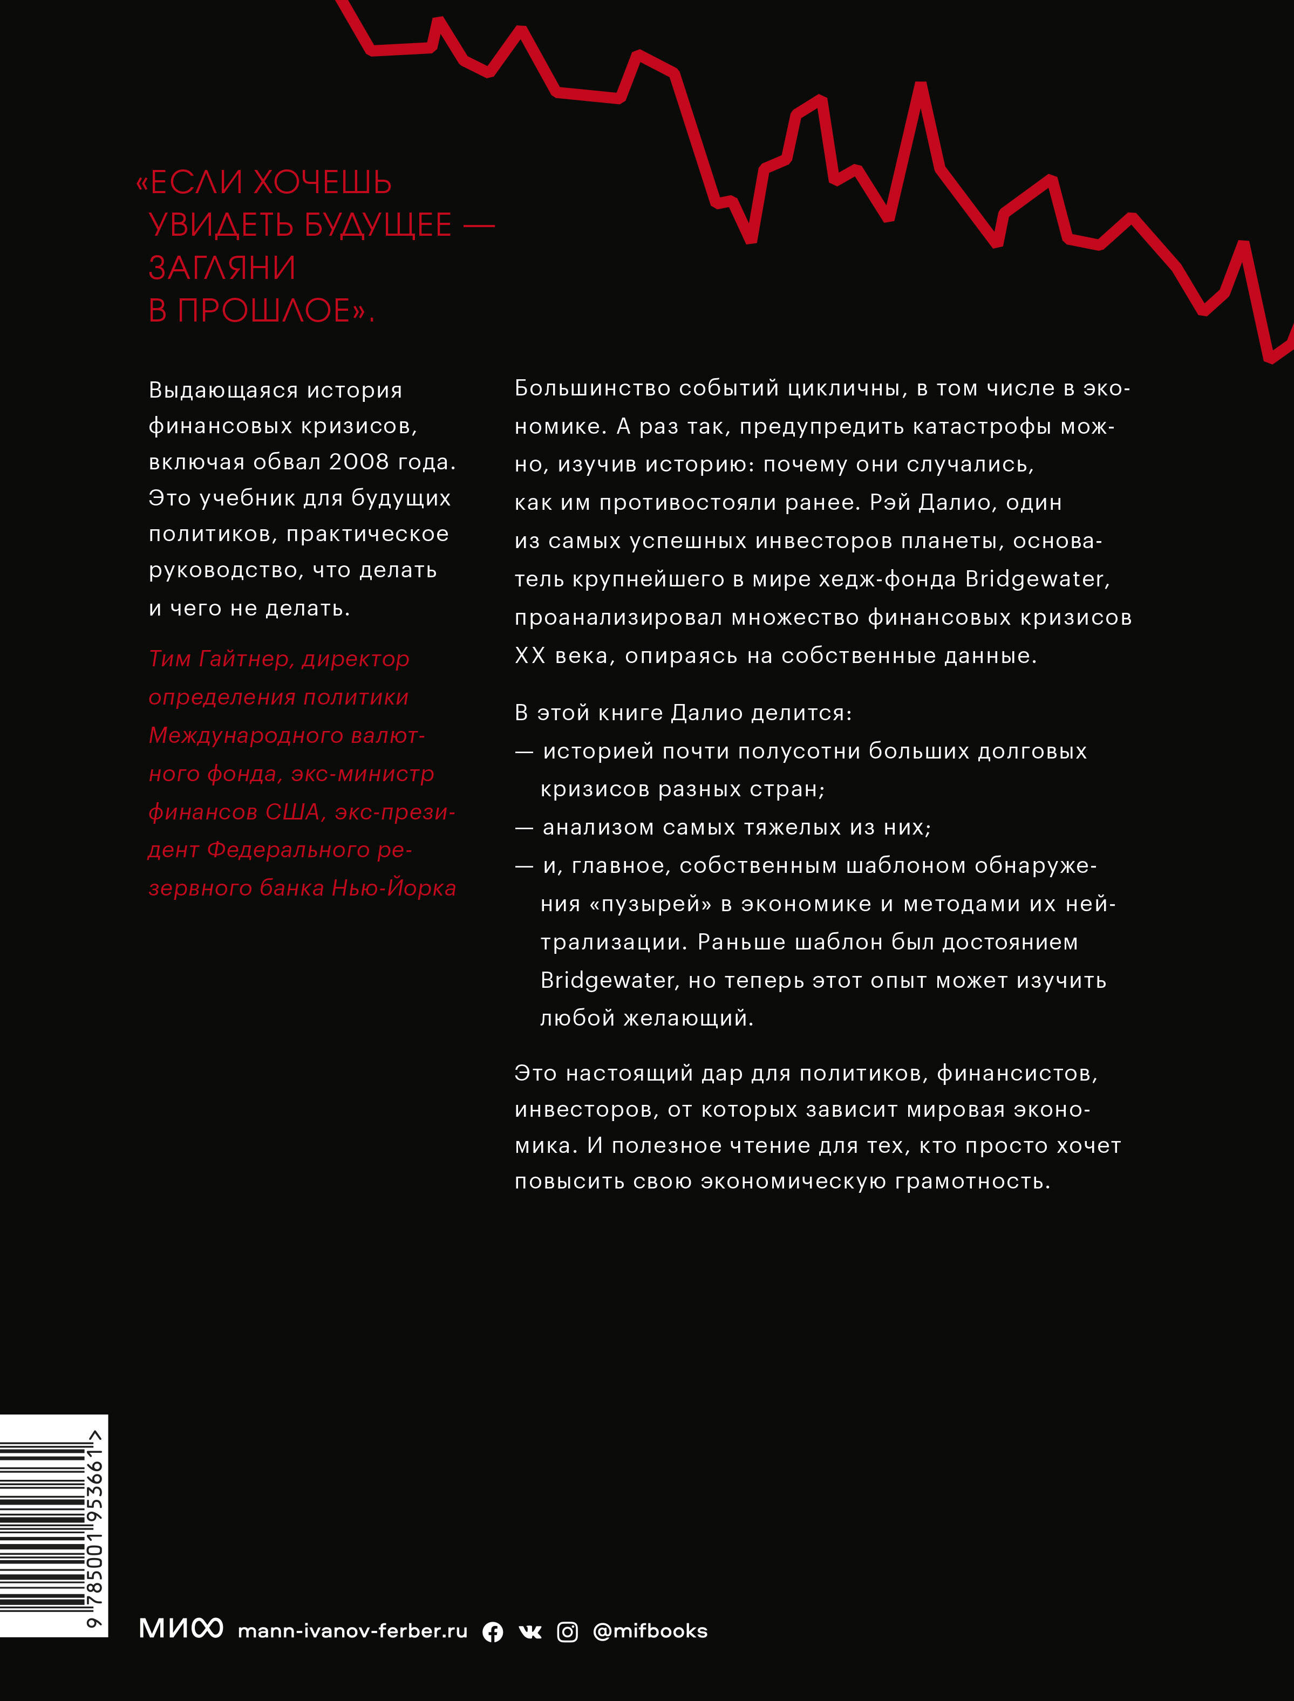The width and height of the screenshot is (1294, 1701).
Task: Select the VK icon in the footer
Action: [530, 1632]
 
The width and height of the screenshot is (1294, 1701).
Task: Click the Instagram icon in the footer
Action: [568, 1632]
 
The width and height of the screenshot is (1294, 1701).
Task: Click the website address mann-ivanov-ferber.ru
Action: [353, 1631]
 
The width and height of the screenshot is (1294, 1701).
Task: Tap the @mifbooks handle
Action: [650, 1631]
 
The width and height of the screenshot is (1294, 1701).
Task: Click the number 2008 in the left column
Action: [359, 461]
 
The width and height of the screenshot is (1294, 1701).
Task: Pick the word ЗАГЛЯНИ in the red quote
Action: [222, 268]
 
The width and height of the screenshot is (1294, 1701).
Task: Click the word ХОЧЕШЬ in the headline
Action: [322, 182]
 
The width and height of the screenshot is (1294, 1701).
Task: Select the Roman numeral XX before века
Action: [530, 655]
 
